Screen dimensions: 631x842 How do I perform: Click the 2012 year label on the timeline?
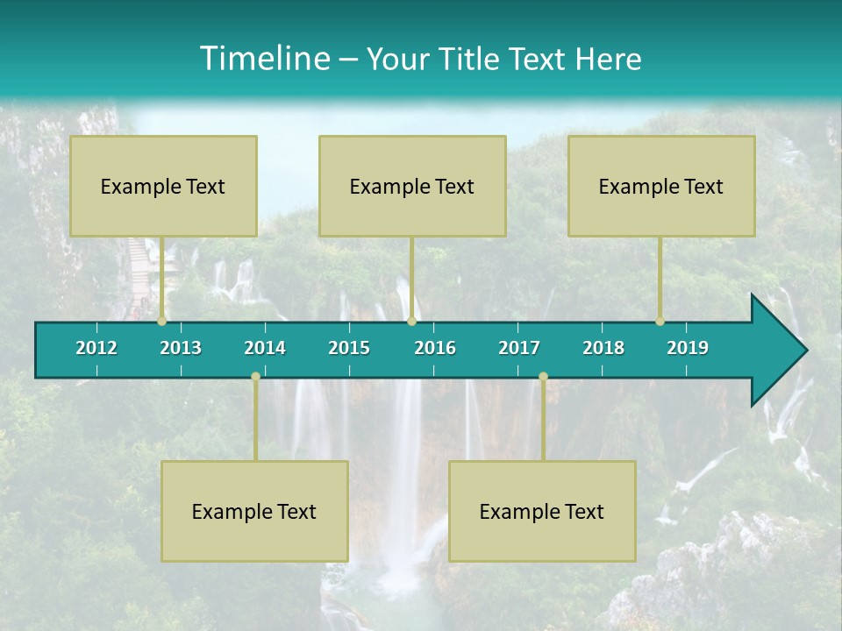(96, 348)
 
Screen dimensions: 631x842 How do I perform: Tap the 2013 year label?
(181, 348)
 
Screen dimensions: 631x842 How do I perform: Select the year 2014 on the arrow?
(265, 348)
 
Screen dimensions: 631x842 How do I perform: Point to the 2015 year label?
(349, 348)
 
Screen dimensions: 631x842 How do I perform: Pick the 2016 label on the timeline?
(435, 348)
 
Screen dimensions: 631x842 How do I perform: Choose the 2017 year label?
(519, 348)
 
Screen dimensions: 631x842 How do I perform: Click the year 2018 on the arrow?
(603, 348)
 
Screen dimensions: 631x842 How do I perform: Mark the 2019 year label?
(688, 348)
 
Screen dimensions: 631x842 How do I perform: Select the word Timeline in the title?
(263, 59)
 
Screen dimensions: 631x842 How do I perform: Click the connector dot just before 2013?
(162, 322)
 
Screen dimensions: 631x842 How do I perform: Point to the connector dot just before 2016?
(411, 322)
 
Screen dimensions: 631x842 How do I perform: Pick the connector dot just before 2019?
(660, 322)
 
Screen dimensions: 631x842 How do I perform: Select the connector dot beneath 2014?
(255, 377)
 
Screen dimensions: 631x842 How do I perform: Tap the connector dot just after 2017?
(543, 377)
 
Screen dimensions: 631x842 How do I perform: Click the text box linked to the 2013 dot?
(163, 186)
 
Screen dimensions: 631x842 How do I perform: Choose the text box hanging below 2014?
(254, 511)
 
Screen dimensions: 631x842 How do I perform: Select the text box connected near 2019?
(661, 186)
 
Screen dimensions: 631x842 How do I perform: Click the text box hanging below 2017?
(542, 511)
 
